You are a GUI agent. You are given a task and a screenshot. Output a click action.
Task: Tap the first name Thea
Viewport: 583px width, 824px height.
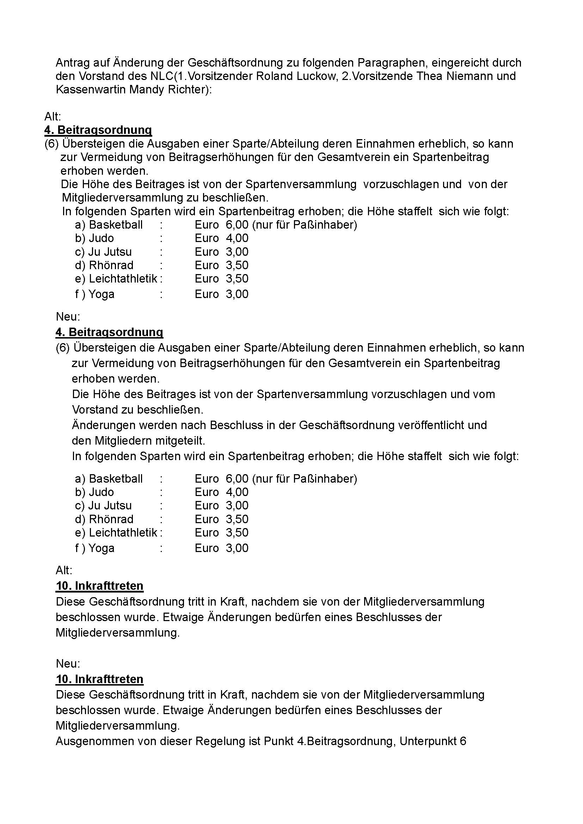pos(430,76)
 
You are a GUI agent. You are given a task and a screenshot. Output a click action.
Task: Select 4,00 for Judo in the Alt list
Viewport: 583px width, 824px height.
pos(237,238)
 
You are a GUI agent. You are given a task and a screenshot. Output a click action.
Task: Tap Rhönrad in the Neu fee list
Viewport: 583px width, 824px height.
pos(111,519)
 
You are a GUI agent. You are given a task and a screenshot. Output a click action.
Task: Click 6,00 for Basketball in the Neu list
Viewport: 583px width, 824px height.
pos(237,479)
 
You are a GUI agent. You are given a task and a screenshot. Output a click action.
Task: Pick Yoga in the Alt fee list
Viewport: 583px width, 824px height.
pos(101,294)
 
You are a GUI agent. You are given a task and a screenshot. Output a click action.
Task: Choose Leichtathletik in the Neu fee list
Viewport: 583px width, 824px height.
pos(123,533)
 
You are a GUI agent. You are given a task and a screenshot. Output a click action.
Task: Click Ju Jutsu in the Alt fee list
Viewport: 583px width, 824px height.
pos(110,252)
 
